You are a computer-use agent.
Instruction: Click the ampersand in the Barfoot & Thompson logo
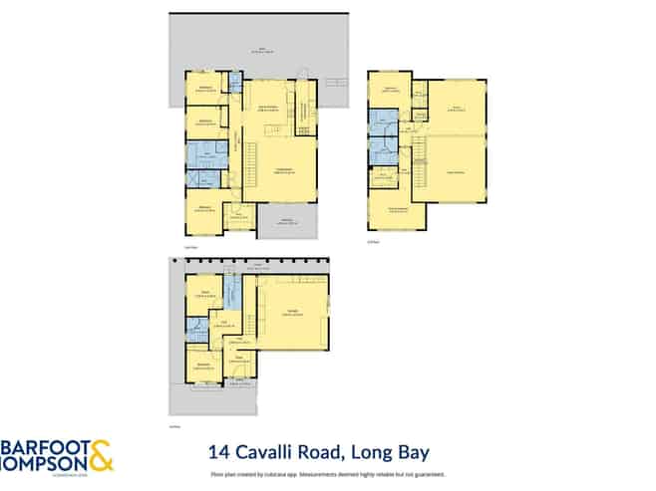coord(99,455)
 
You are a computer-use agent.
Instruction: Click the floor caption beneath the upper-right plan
coord(375,240)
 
